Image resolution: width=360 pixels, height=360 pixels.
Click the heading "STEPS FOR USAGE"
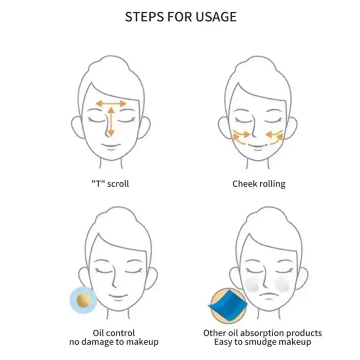181,17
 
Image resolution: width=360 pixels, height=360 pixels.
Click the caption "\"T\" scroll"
110,183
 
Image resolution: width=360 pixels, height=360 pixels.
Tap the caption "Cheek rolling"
259,184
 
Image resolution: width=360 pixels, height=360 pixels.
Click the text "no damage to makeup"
114,342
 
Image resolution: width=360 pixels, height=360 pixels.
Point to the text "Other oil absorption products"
263,333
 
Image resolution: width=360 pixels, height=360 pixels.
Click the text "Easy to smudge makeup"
263,342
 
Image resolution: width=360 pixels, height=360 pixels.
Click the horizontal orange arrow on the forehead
111,104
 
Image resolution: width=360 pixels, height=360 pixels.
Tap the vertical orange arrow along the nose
111,122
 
